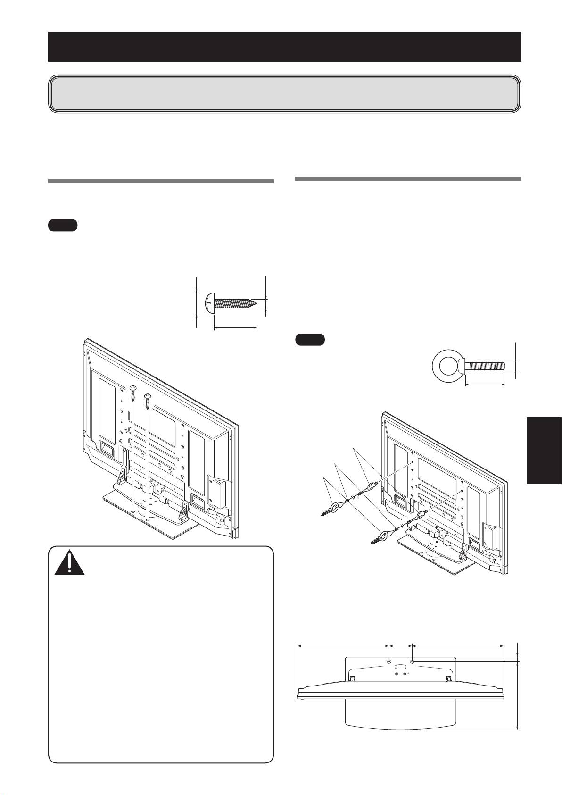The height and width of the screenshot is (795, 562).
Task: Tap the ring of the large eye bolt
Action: pyautogui.click(x=446, y=365)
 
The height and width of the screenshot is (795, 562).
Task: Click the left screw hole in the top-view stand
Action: pyautogui.click(x=388, y=662)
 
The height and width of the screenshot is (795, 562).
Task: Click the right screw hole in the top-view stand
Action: pyautogui.click(x=413, y=662)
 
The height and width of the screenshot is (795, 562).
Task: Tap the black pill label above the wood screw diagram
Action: pyautogui.click(x=63, y=226)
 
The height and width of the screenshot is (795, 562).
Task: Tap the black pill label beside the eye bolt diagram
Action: pyautogui.click(x=310, y=340)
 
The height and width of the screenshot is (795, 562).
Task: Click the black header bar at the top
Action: pyautogui.click(x=284, y=47)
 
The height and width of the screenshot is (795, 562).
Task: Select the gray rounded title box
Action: pyautogui.click(x=284, y=93)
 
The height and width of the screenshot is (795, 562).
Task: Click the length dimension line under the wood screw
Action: pyautogui.click(x=236, y=327)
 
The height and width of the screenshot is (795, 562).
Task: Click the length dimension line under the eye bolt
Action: pyautogui.click(x=486, y=385)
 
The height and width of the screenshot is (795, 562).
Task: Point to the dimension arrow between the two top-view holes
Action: pyautogui.click(x=400, y=645)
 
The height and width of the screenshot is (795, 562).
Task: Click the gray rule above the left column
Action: pyautogui.click(x=161, y=181)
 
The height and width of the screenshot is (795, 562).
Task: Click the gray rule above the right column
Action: pyautogui.click(x=408, y=179)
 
